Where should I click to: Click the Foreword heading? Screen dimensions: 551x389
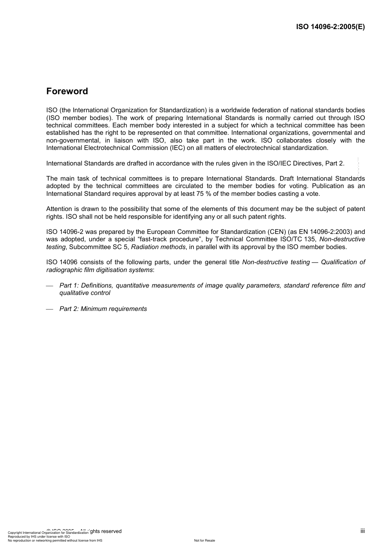[x=67, y=91]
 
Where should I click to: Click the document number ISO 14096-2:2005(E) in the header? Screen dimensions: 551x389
[x=330, y=27]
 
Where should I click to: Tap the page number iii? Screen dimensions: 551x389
[x=362, y=531]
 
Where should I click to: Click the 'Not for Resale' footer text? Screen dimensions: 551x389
[x=204, y=540]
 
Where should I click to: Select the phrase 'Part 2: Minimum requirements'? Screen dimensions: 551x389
[x=103, y=309]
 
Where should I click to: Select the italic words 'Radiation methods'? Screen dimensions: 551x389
[x=158, y=247]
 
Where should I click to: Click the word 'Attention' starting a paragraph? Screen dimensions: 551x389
[x=60, y=209]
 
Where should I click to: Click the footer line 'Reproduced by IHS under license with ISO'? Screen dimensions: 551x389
[x=39, y=536]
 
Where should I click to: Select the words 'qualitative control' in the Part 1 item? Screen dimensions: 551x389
[x=84, y=293]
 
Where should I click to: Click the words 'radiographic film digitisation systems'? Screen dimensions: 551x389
[x=99, y=270]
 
